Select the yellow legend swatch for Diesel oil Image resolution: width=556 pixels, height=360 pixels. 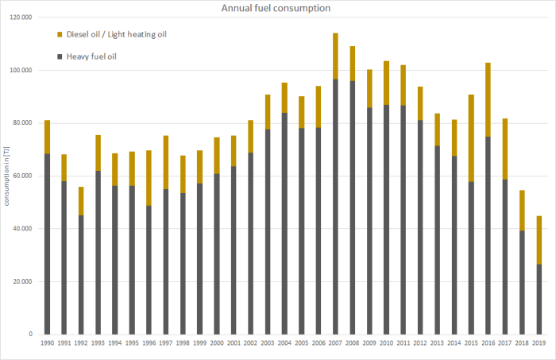point(60,34)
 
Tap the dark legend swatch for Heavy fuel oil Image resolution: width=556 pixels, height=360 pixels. point(60,56)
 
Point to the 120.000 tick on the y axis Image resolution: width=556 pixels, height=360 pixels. point(22,17)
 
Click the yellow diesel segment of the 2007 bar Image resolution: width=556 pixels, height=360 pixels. point(334,56)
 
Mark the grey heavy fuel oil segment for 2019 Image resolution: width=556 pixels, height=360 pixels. point(538,299)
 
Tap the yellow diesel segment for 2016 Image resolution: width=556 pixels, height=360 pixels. point(487,99)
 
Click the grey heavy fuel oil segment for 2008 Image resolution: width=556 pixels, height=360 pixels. point(352,207)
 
